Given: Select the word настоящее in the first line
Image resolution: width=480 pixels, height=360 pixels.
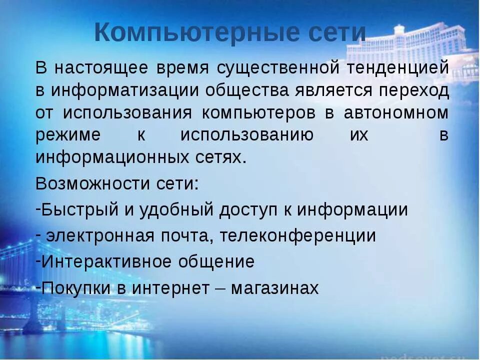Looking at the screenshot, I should tap(106, 68).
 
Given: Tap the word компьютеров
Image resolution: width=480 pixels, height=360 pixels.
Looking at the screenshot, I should tap(258, 113).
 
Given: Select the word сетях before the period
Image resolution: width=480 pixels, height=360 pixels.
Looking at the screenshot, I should tap(218, 157).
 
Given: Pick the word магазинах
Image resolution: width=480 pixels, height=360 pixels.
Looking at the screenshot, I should tap(274, 287).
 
